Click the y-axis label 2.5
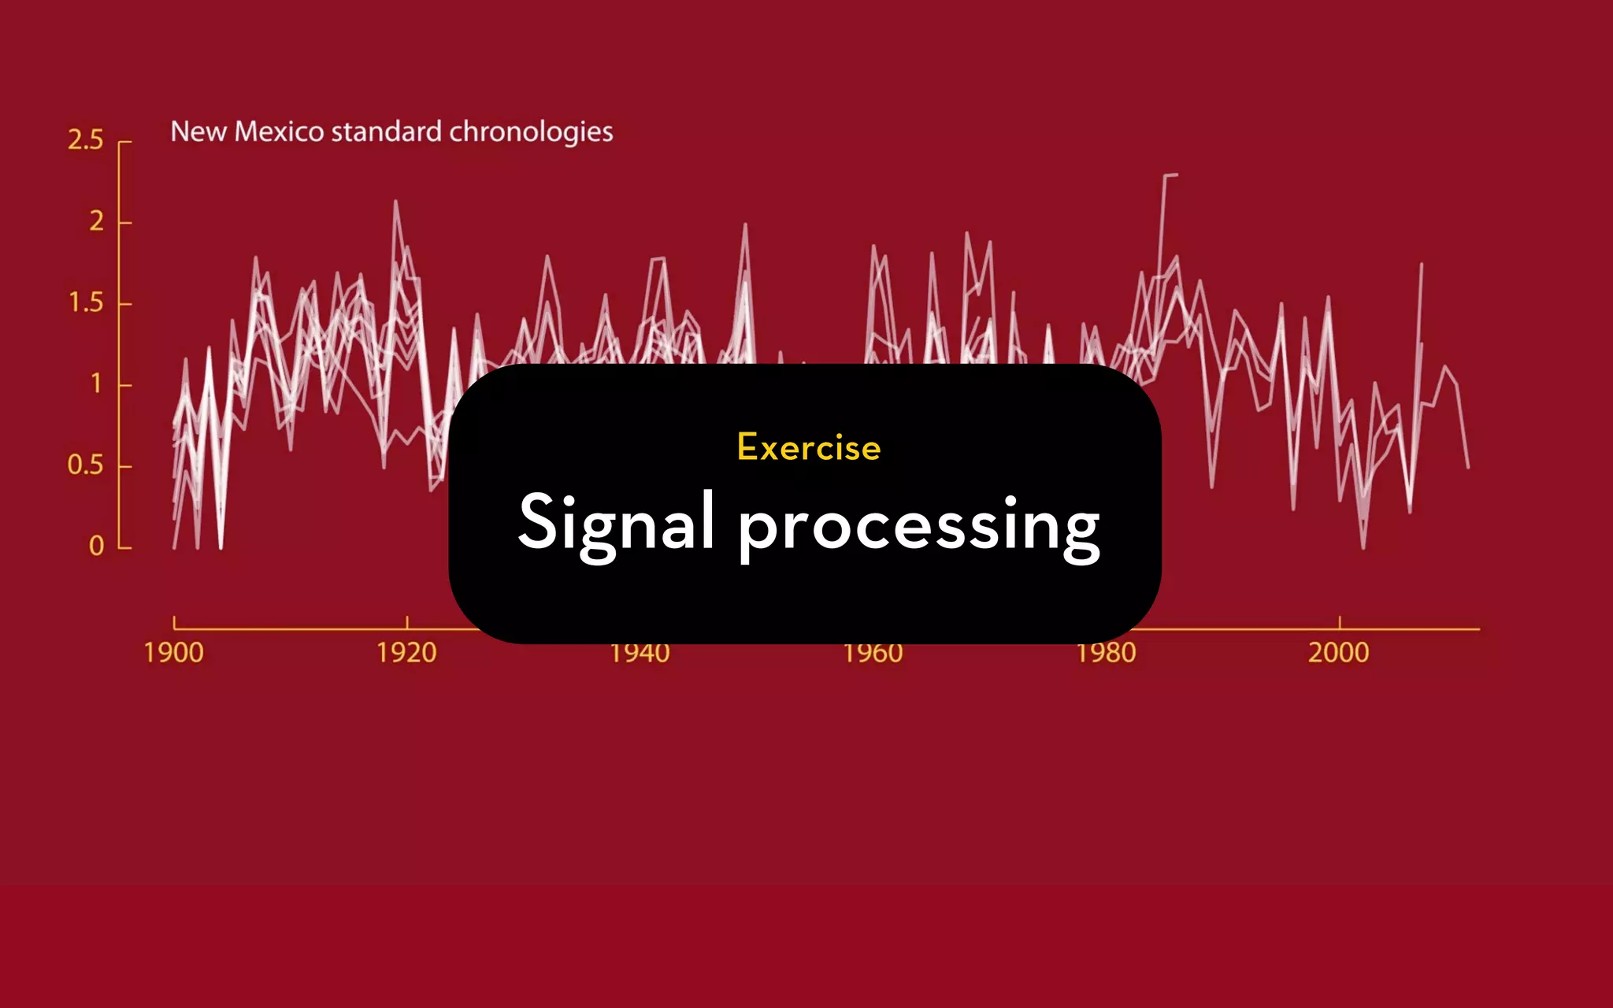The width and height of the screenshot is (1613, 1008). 85,140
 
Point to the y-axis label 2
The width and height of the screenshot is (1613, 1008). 96,221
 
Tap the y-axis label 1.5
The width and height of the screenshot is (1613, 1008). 85,302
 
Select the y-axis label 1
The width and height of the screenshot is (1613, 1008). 96,384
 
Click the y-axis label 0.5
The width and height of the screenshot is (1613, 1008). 85,465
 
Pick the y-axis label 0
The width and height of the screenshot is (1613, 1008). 96,546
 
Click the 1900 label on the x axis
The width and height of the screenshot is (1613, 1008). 173,653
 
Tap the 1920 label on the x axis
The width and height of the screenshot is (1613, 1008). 406,653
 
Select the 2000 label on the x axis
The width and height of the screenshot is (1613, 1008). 1338,653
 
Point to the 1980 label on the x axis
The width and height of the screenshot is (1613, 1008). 1106,654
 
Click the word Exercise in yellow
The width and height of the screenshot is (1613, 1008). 809,447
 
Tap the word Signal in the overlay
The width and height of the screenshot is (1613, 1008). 617,524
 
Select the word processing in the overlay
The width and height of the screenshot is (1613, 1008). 918,526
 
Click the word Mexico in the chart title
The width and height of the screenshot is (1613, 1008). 279,132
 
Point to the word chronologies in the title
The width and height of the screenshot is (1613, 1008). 531,132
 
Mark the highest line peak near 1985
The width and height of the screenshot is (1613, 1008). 1170,175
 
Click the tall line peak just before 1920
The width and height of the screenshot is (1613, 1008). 395,202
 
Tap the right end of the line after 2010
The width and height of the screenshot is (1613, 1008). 1468,468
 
